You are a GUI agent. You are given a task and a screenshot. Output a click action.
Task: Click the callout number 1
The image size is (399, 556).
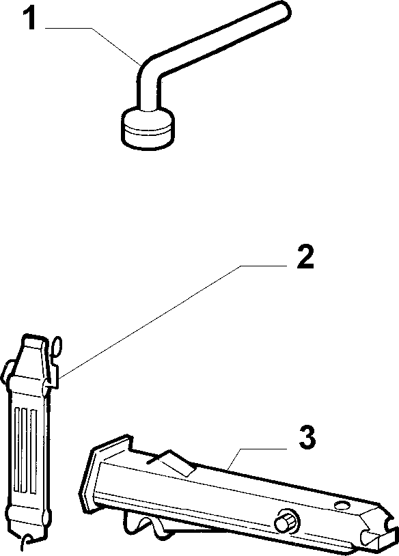click(31, 18)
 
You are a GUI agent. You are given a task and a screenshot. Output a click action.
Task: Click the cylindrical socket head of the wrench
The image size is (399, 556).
click(148, 128)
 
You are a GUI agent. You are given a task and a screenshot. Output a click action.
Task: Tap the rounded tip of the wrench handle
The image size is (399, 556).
click(284, 10)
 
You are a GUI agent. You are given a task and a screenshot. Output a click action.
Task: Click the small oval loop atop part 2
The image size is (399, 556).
click(56, 346)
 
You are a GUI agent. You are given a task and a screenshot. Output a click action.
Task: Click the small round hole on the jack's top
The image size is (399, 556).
click(342, 505)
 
